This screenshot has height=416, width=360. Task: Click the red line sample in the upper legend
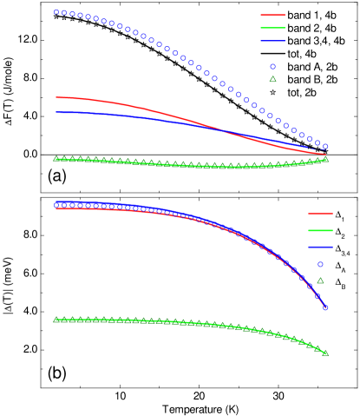273,15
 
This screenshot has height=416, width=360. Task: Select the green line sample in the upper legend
273,28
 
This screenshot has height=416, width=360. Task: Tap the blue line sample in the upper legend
273,40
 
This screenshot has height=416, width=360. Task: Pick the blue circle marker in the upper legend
272,66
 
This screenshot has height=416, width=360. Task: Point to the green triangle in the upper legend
272,79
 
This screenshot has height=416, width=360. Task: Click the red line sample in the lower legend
320,214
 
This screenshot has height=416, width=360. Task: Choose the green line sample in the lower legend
320,230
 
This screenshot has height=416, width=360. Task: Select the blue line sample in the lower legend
320,247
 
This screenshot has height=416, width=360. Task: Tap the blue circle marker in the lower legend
320,264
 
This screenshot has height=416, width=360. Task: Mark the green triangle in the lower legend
320,281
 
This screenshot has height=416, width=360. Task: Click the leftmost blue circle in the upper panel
56,13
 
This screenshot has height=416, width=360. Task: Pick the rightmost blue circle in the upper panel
325,147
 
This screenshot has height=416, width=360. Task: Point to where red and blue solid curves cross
223,131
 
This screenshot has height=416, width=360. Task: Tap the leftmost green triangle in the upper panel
56,159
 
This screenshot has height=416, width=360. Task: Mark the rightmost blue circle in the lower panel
325,307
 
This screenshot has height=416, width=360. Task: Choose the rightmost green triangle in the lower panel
325,353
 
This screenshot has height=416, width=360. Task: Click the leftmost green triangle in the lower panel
56,320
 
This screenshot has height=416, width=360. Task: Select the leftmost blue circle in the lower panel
56,205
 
